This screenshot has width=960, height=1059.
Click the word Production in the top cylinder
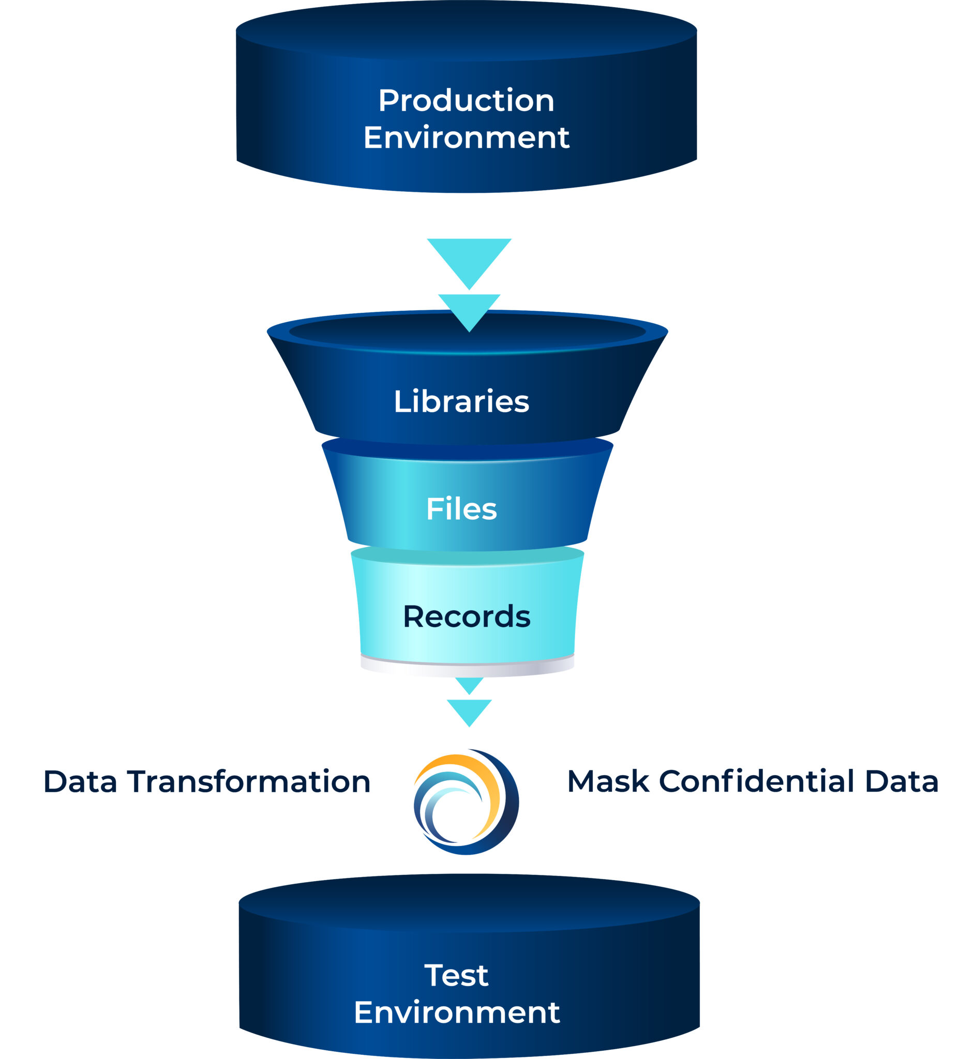click(466, 100)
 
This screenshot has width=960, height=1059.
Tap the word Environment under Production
click(466, 138)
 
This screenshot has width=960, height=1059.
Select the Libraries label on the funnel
click(461, 401)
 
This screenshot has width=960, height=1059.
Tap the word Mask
click(608, 781)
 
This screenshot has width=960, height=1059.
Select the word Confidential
click(756, 781)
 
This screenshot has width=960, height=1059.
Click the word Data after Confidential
click(901, 781)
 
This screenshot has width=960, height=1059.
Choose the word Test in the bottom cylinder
click(456, 975)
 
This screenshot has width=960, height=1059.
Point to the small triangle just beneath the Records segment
click(469, 684)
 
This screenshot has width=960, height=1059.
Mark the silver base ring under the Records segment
click(467, 670)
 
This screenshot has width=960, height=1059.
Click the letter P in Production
click(388, 100)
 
